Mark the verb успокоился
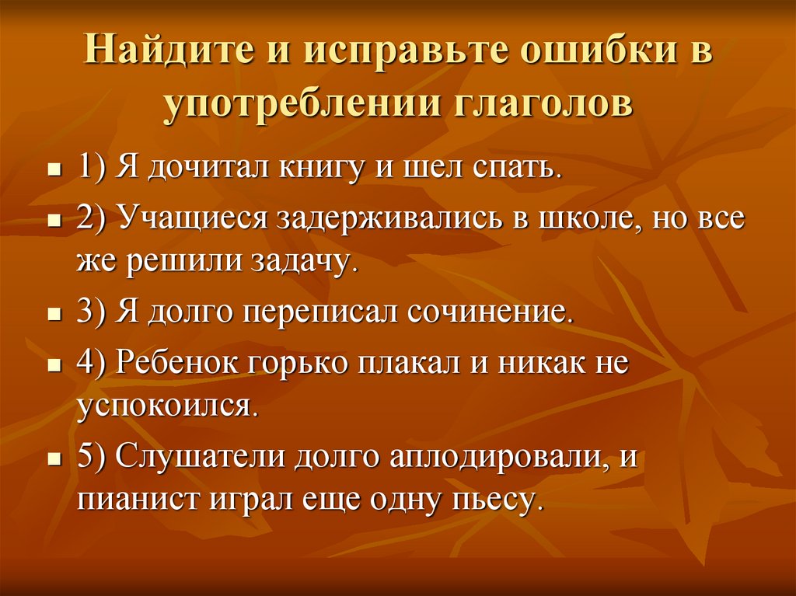(166, 406)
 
